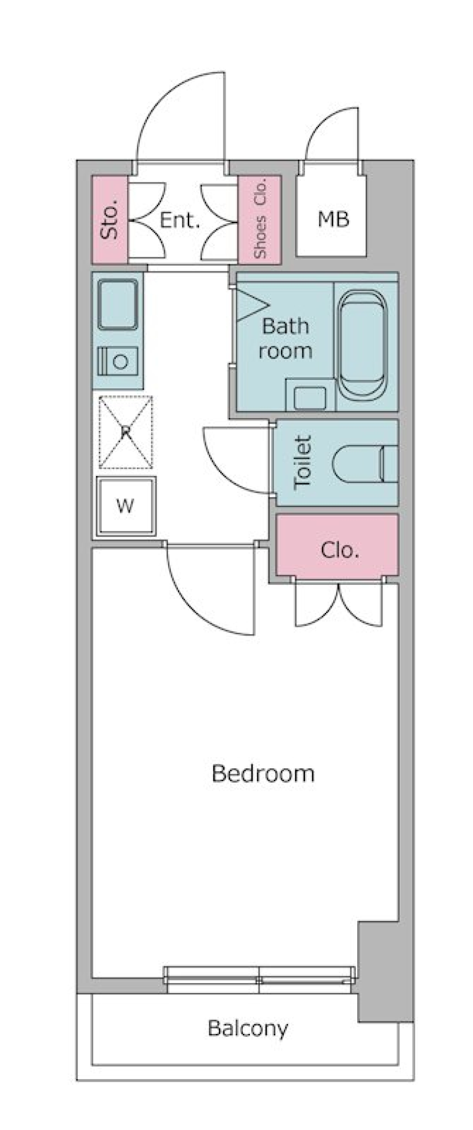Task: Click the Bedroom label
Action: pyautogui.click(x=263, y=773)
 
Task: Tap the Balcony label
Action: pyautogui.click(x=248, y=1028)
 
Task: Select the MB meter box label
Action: pyautogui.click(x=334, y=219)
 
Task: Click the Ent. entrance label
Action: pyautogui.click(x=180, y=220)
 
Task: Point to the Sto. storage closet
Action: pyautogui.click(x=110, y=219)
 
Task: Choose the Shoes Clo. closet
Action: pyautogui.click(x=260, y=219)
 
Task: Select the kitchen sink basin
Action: pyautogui.click(x=118, y=304)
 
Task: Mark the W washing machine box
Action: pyautogui.click(x=126, y=506)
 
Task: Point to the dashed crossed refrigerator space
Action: pyautogui.click(x=126, y=432)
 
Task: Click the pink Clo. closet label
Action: pyautogui.click(x=339, y=550)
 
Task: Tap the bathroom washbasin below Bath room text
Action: pyautogui.click(x=310, y=398)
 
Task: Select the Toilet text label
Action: pyautogui.click(x=303, y=462)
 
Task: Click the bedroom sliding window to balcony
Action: pyautogui.click(x=259, y=974)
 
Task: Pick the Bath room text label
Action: pyautogui.click(x=286, y=338)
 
